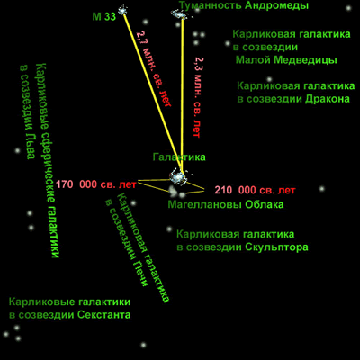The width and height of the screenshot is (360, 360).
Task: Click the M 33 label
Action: click(x=103, y=17)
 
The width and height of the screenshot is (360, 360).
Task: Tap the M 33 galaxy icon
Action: click(x=122, y=11)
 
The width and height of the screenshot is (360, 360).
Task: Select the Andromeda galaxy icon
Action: click(x=178, y=13)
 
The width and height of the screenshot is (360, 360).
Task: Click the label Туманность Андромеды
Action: click(x=244, y=5)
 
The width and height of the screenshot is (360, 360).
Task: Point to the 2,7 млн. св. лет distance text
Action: click(x=154, y=68)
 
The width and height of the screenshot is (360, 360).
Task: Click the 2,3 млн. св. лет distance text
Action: click(x=196, y=97)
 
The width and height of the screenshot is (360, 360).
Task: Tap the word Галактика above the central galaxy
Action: click(x=179, y=157)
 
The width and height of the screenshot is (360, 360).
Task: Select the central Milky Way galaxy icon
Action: click(x=177, y=177)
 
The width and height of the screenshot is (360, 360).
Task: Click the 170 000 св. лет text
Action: click(x=96, y=184)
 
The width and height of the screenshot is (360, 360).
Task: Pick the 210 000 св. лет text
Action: click(x=255, y=190)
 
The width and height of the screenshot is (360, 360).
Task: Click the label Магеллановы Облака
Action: click(x=226, y=205)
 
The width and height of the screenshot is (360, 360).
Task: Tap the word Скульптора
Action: click(x=276, y=247)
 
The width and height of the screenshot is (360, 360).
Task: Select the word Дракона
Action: click(x=328, y=99)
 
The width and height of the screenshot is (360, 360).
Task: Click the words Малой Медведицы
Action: click(x=286, y=60)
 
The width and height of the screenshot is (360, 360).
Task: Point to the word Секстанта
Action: click(x=104, y=315)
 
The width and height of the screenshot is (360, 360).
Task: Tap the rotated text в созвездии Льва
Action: click(x=27, y=112)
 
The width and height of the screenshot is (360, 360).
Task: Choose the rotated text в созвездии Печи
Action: click(x=128, y=243)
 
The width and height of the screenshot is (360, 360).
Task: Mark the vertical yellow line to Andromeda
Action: click(x=182, y=95)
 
